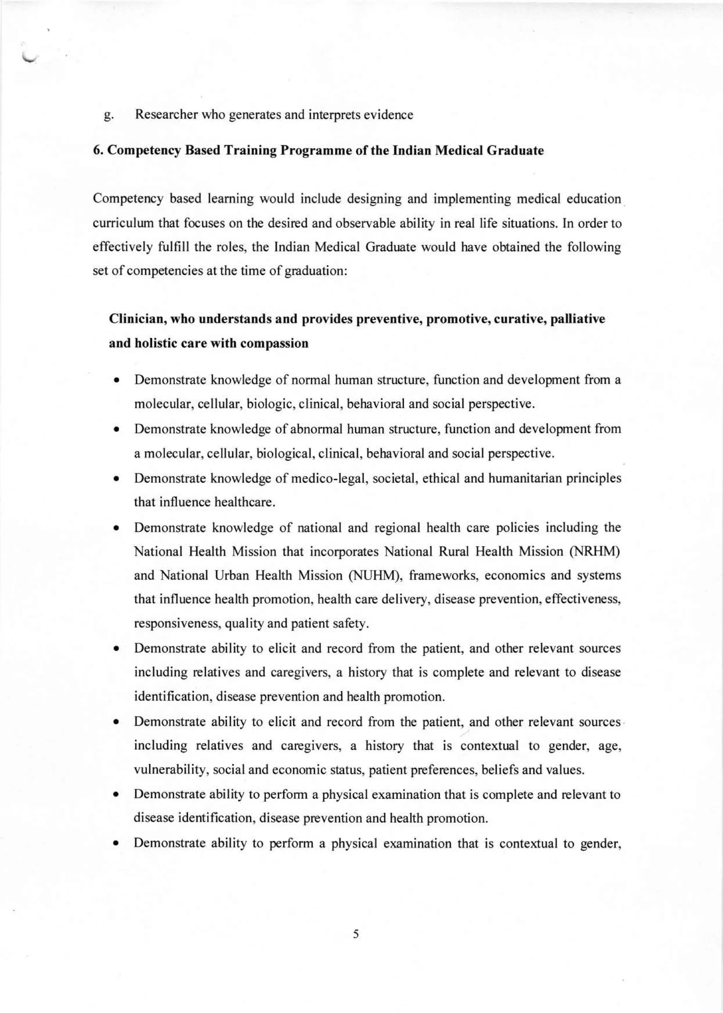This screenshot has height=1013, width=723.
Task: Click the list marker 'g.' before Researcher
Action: coord(108,116)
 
